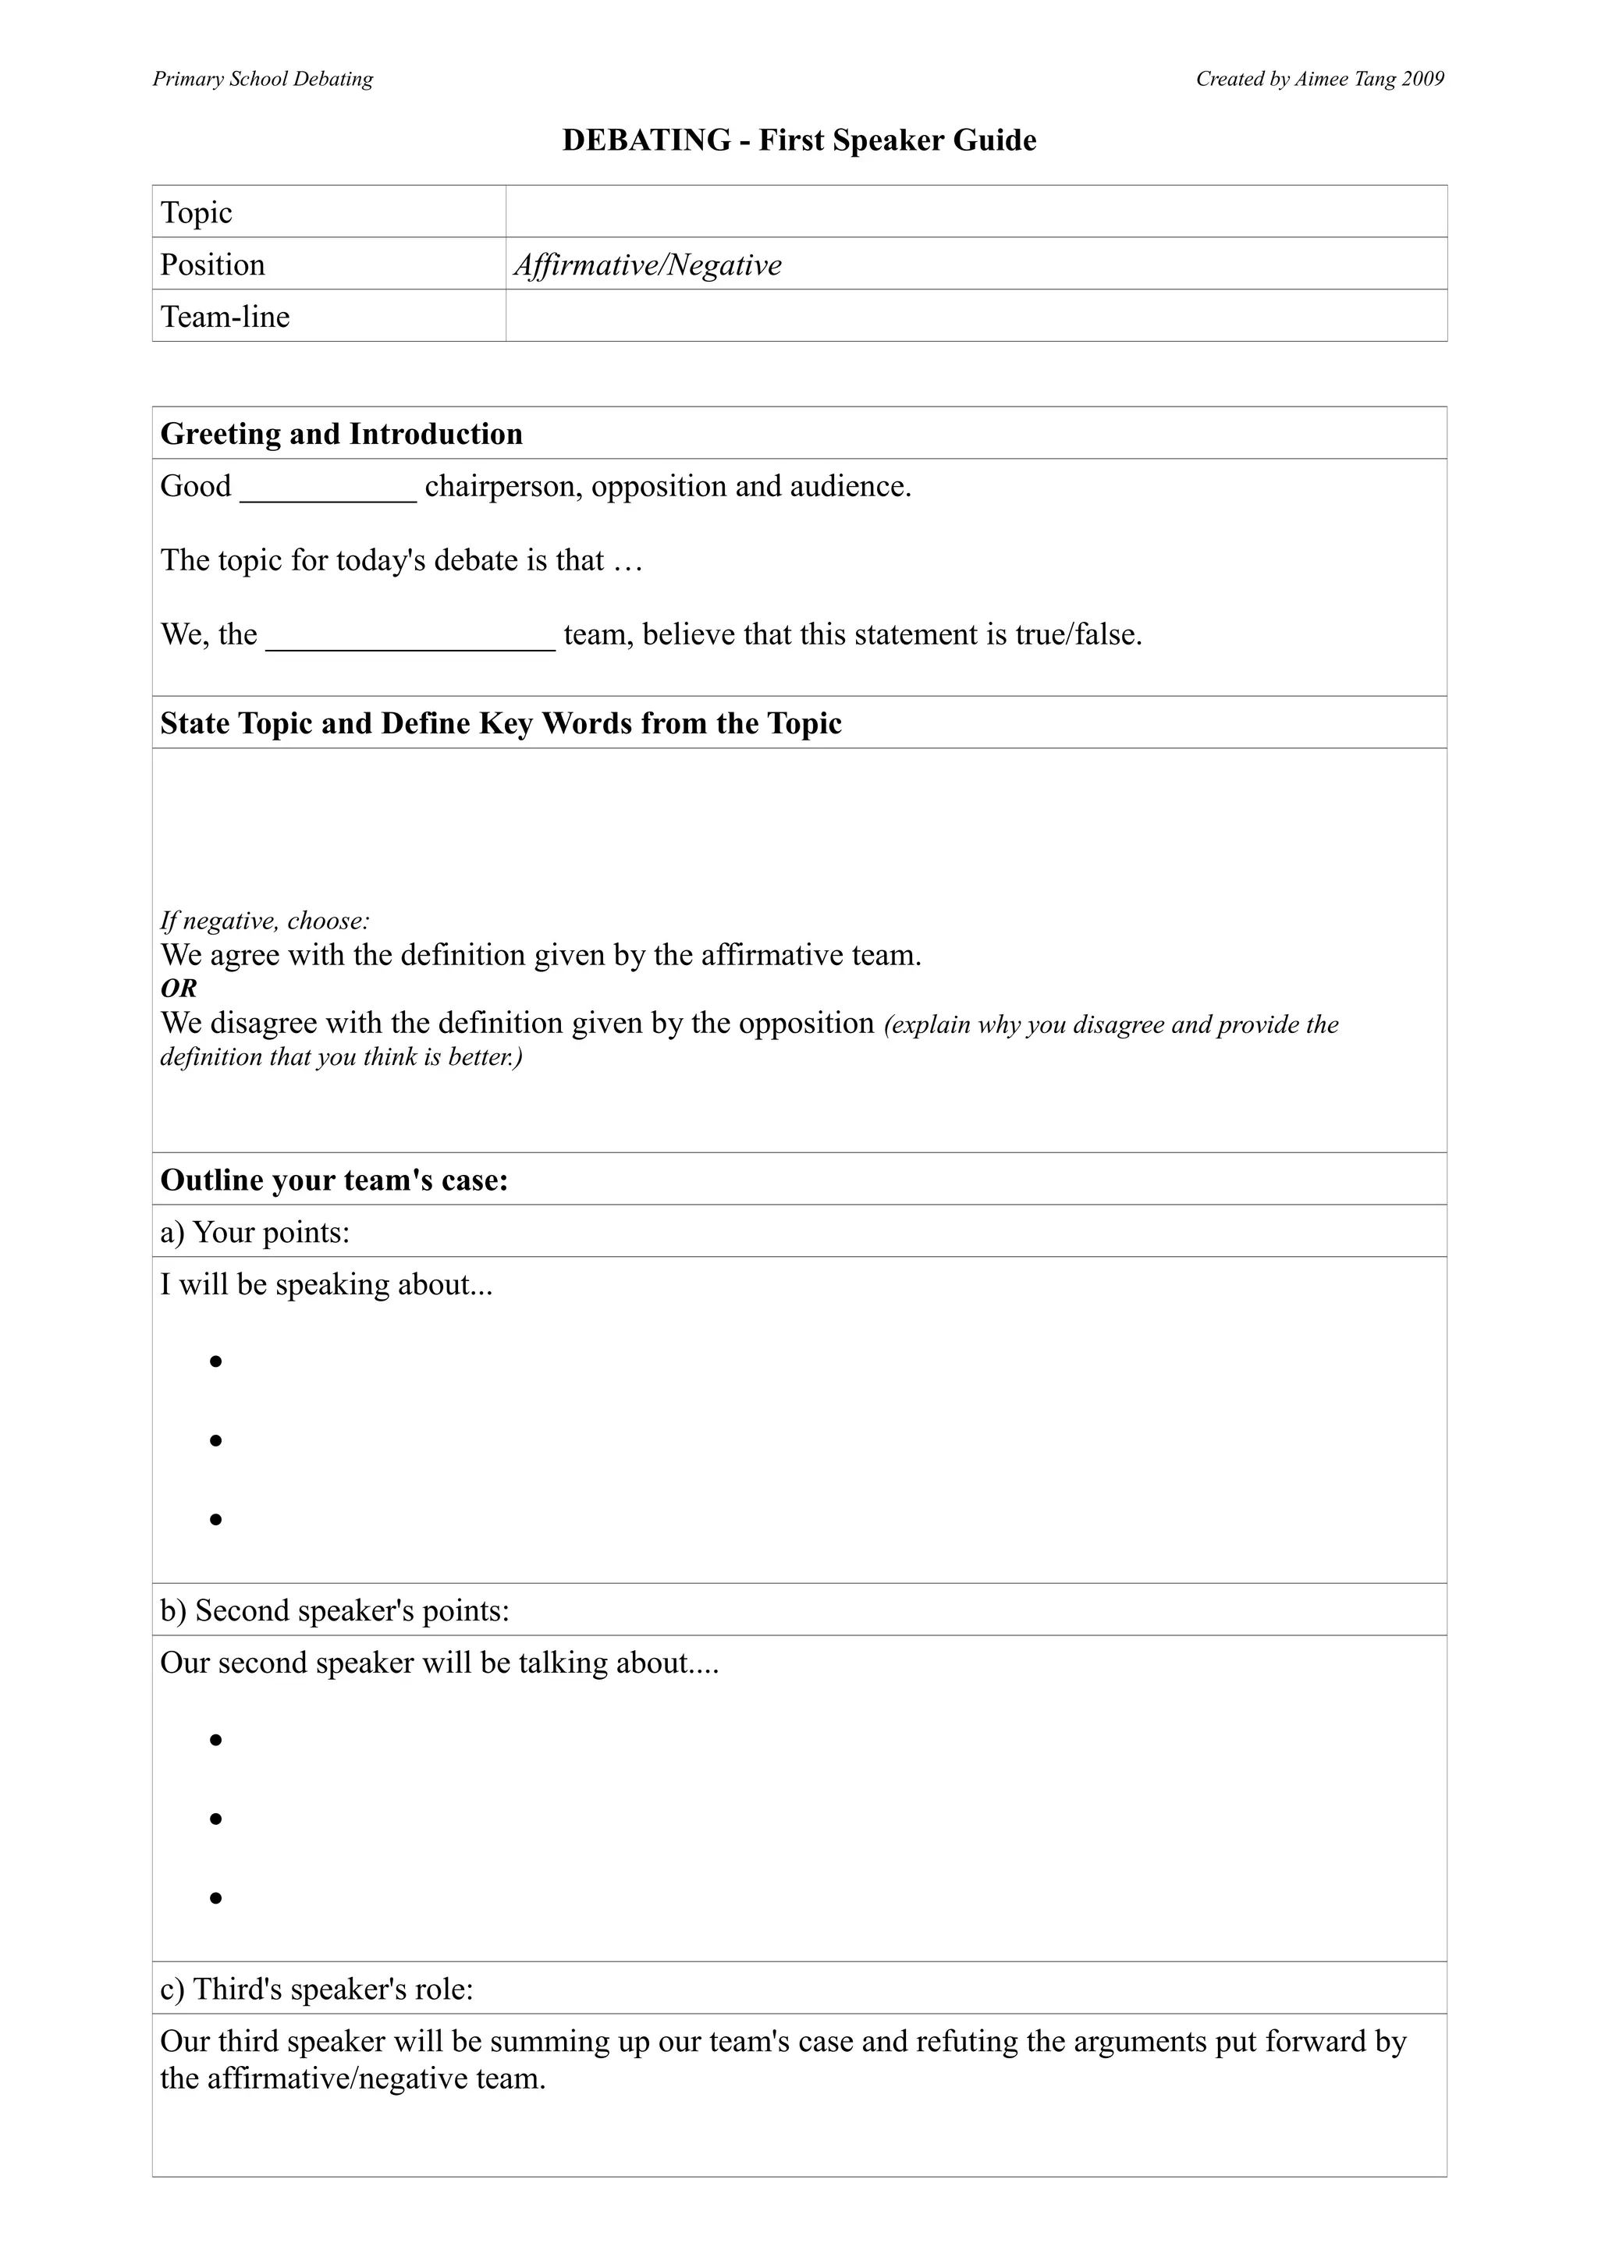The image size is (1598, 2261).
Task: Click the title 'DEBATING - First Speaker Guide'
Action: tap(798, 140)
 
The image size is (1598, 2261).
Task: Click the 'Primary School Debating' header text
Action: tap(263, 79)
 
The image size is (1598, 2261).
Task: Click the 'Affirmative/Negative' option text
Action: tap(648, 265)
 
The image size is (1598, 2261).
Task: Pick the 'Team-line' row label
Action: tap(225, 317)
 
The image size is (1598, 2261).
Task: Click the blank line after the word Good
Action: tap(328, 492)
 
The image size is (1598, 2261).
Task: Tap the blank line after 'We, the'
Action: tap(410, 640)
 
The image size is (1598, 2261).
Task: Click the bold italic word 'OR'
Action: tap(178, 989)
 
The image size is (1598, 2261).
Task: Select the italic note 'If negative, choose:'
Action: tap(265, 921)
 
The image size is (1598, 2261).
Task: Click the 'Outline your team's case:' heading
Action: tap(335, 1180)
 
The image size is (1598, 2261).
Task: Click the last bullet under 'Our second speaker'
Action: tap(215, 1897)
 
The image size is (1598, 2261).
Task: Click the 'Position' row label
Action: tap(213, 265)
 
